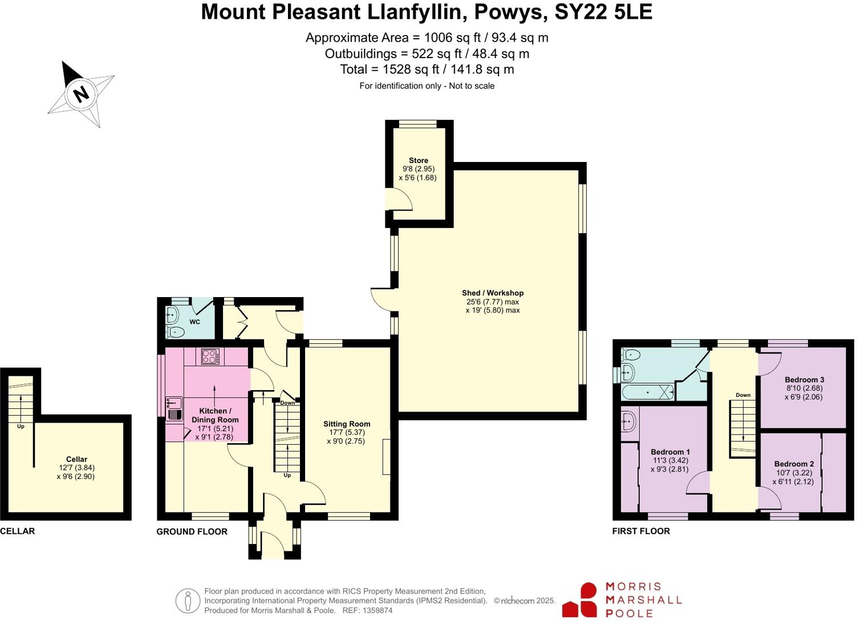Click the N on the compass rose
tap(82, 93)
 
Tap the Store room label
tap(418, 161)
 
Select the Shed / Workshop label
tap(493, 293)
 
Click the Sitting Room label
tap(347, 424)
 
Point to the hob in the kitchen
tap(210, 356)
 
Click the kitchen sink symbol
tap(174, 408)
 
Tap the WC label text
tap(195, 322)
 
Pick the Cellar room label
tap(76, 459)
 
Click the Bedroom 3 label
tap(804, 380)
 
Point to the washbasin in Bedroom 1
tap(629, 421)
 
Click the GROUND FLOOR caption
tap(192, 531)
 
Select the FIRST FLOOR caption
tap(641, 531)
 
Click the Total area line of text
tap(427, 70)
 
